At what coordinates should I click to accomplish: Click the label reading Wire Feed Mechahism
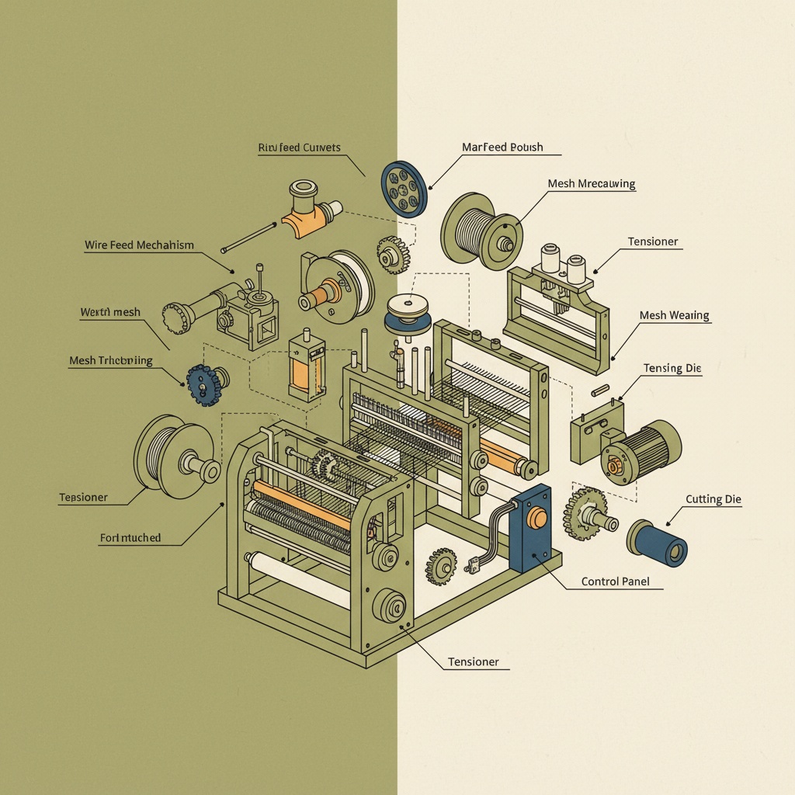coord(139,245)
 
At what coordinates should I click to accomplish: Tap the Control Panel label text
coord(615,581)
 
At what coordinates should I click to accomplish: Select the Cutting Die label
coord(713,499)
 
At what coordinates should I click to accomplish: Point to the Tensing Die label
coord(672,368)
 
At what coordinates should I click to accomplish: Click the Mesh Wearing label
coord(674,315)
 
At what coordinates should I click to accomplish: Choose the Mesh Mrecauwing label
coord(591,184)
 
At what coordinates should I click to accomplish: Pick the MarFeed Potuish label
coord(502,147)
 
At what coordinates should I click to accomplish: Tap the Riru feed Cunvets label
coord(299,148)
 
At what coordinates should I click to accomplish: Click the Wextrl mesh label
coord(110,312)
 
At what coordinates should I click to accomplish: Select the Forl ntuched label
coord(130,537)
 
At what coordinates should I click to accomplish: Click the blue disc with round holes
coord(404,187)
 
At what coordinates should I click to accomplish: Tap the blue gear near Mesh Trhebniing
coord(203,384)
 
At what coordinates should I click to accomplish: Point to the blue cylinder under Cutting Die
coord(658,542)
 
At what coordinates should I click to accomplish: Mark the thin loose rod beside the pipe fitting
coord(249,238)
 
